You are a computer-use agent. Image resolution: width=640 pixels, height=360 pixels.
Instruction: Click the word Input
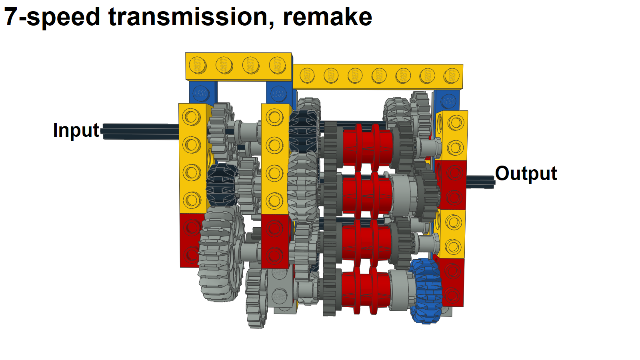coord(76,130)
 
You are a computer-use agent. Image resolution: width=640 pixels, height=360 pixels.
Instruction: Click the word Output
coord(526,174)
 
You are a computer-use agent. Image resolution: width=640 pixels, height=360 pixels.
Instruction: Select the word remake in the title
coord(327,17)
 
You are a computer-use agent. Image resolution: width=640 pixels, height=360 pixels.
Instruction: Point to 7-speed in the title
coord(52,17)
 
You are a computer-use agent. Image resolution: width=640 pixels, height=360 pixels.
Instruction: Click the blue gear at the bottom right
coord(427,291)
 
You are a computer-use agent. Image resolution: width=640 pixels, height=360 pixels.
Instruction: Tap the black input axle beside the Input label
coord(140,131)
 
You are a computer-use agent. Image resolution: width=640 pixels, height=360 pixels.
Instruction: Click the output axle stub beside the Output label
coord(480,182)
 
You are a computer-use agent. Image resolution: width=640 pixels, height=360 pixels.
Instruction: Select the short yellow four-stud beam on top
coord(238,66)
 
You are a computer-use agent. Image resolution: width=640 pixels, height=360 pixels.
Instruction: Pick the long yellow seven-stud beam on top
coord(378,76)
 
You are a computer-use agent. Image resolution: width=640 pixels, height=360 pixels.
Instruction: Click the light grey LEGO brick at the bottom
coord(282,290)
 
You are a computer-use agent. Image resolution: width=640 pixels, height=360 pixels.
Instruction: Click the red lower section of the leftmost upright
coord(191,240)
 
